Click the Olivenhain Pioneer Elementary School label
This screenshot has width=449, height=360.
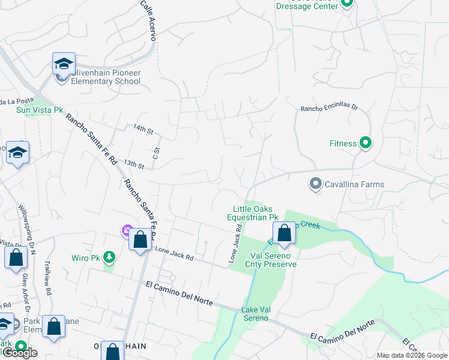click(106, 77)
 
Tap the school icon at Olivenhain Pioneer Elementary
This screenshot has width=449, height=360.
click(63, 64)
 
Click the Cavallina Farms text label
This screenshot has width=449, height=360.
click(354, 185)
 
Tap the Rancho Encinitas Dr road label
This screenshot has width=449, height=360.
click(329, 109)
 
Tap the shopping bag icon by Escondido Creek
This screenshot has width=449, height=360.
click(284, 233)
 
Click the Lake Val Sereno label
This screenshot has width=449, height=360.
click(255, 313)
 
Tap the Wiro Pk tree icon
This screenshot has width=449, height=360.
click(109, 257)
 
